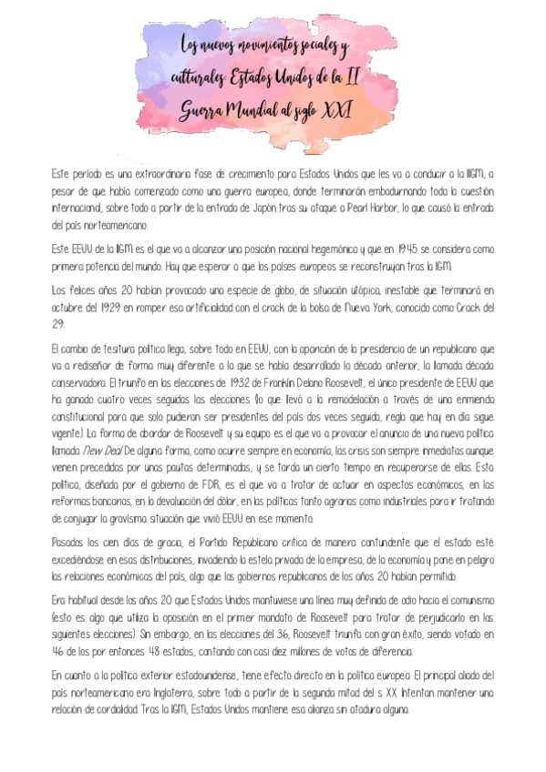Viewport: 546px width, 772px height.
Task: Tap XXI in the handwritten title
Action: tap(339, 111)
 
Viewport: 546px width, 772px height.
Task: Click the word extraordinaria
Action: tap(151, 174)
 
